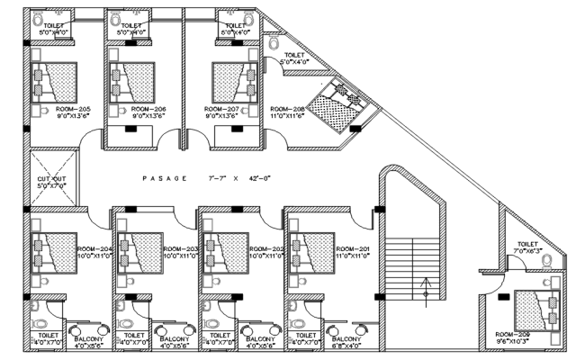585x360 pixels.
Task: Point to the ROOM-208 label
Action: (287, 107)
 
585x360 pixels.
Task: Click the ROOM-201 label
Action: (353, 248)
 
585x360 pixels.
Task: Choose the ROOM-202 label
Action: (266, 248)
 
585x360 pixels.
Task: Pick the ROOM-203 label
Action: (179, 248)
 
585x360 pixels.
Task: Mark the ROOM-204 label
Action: (94, 248)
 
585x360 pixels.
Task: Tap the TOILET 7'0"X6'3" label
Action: (526, 246)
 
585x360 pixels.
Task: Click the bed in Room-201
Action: (315, 252)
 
